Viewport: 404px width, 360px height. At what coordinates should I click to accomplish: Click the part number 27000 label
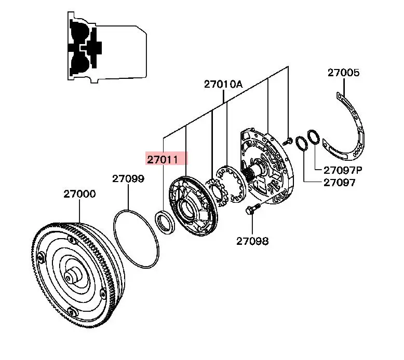[x=79, y=194]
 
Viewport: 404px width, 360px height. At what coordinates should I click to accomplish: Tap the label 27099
[x=128, y=179]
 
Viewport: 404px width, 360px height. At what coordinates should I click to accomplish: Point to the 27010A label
[x=223, y=84]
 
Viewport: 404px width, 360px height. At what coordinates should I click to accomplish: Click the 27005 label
[x=343, y=73]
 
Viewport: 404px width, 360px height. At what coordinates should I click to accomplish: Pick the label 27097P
[x=343, y=170]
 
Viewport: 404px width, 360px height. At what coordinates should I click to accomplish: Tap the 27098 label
[x=252, y=241]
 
